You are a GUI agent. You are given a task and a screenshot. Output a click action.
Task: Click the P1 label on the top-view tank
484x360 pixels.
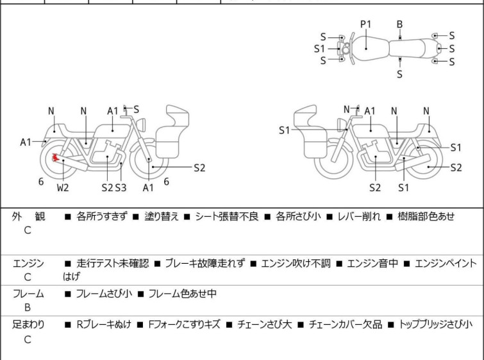[x=365, y=24]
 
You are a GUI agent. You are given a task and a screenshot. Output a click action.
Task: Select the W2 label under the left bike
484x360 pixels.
[x=62, y=187]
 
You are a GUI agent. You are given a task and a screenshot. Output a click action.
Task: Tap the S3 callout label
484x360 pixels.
[x=121, y=187]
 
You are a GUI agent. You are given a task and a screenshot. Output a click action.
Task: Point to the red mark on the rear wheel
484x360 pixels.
[x=56, y=157]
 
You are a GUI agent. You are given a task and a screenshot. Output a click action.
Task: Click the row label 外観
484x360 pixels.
[x=28, y=217]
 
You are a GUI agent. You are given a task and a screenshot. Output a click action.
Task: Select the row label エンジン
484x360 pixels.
[x=28, y=263]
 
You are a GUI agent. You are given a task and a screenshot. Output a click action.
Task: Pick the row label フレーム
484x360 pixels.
[x=28, y=294]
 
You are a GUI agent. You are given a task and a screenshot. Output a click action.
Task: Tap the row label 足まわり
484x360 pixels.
[x=28, y=325]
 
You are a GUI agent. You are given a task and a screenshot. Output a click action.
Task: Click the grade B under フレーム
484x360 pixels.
[x=28, y=307]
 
